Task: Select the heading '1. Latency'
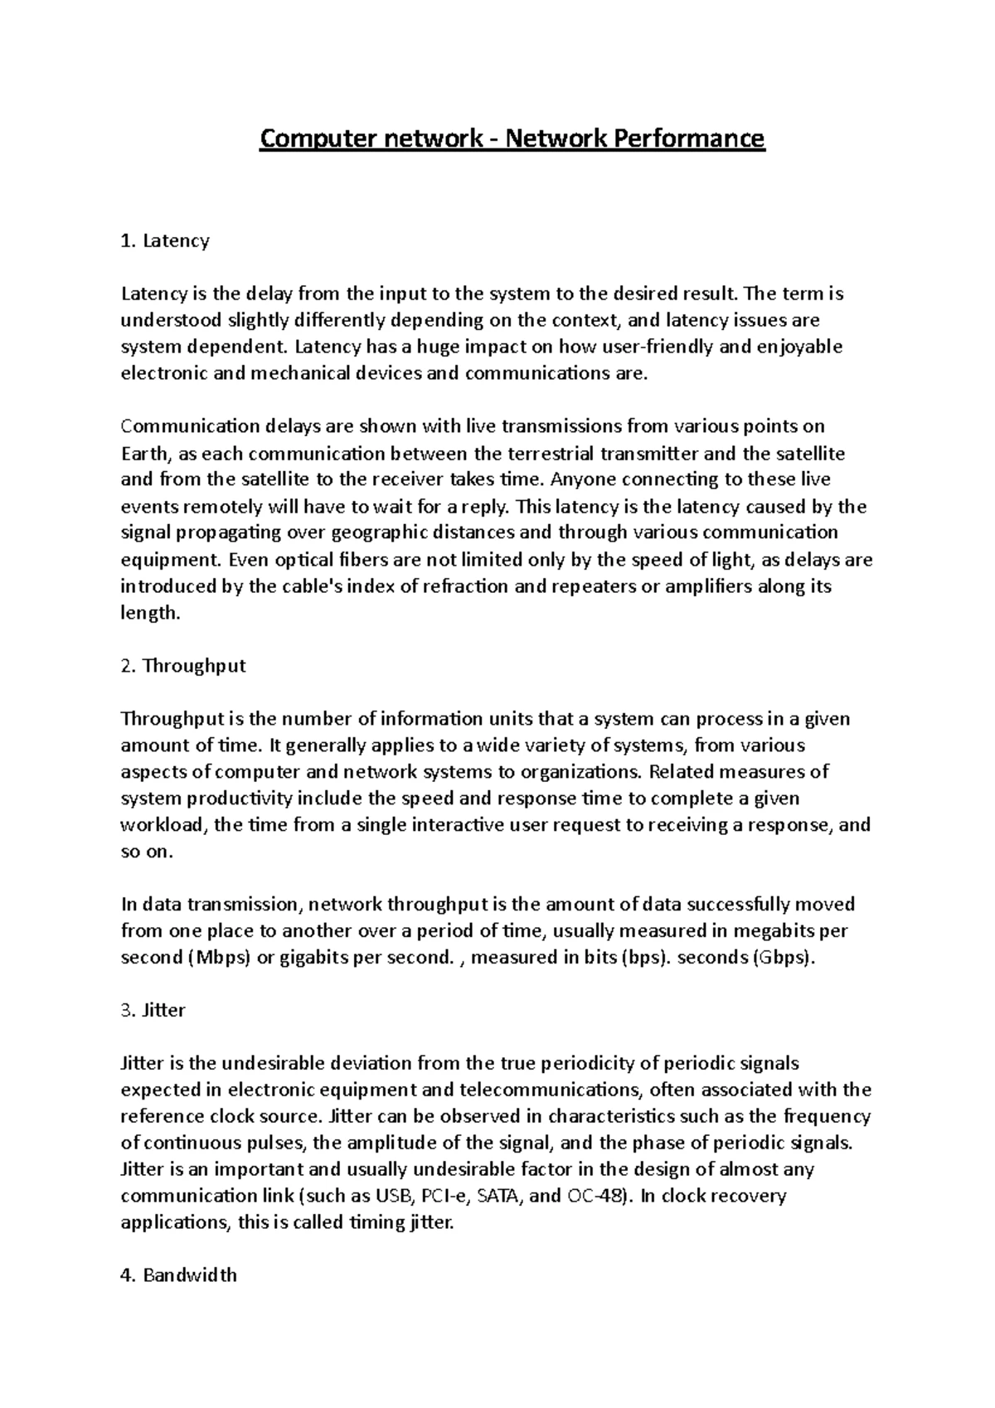coord(165,241)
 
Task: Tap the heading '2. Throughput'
coord(183,666)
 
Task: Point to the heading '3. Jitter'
coord(153,1010)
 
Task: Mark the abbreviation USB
coord(393,1196)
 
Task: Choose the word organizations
coord(580,772)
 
